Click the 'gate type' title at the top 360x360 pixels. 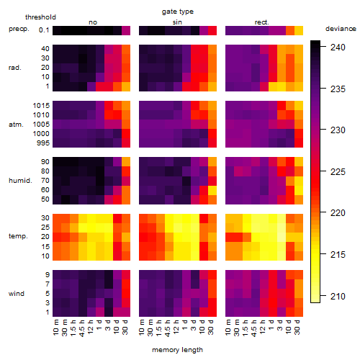[x=178, y=12]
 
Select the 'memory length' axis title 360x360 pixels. [x=177, y=350]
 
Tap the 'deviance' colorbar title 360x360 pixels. [x=341, y=29]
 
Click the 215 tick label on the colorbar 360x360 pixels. [x=338, y=255]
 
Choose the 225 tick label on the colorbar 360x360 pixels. [x=338, y=172]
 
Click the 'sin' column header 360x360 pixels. [x=177, y=22]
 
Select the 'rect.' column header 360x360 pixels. [x=261, y=22]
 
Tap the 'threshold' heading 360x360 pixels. [x=40, y=17]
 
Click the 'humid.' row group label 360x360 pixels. [x=20, y=181]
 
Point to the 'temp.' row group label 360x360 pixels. [x=18, y=236]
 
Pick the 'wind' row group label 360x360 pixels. [x=17, y=294]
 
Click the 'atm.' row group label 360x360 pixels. [x=16, y=125]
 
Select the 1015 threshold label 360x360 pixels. [x=41, y=106]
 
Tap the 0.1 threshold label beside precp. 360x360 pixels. [x=44, y=30]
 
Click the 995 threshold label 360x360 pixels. [x=43, y=143]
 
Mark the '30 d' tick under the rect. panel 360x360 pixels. [x=297, y=327]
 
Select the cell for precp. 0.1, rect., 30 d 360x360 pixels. [x=299, y=30]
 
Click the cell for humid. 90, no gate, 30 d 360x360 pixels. [x=126, y=162]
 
